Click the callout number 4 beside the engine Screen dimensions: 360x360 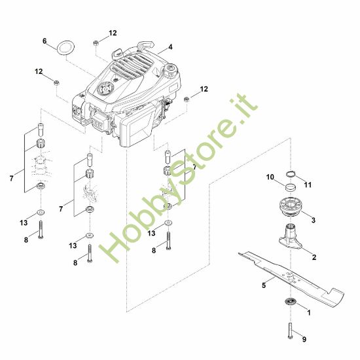(170, 47)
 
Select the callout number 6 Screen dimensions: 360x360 (45, 41)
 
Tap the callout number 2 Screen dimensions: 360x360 (314, 257)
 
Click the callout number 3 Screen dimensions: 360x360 (314, 221)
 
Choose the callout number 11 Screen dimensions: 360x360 (308, 185)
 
